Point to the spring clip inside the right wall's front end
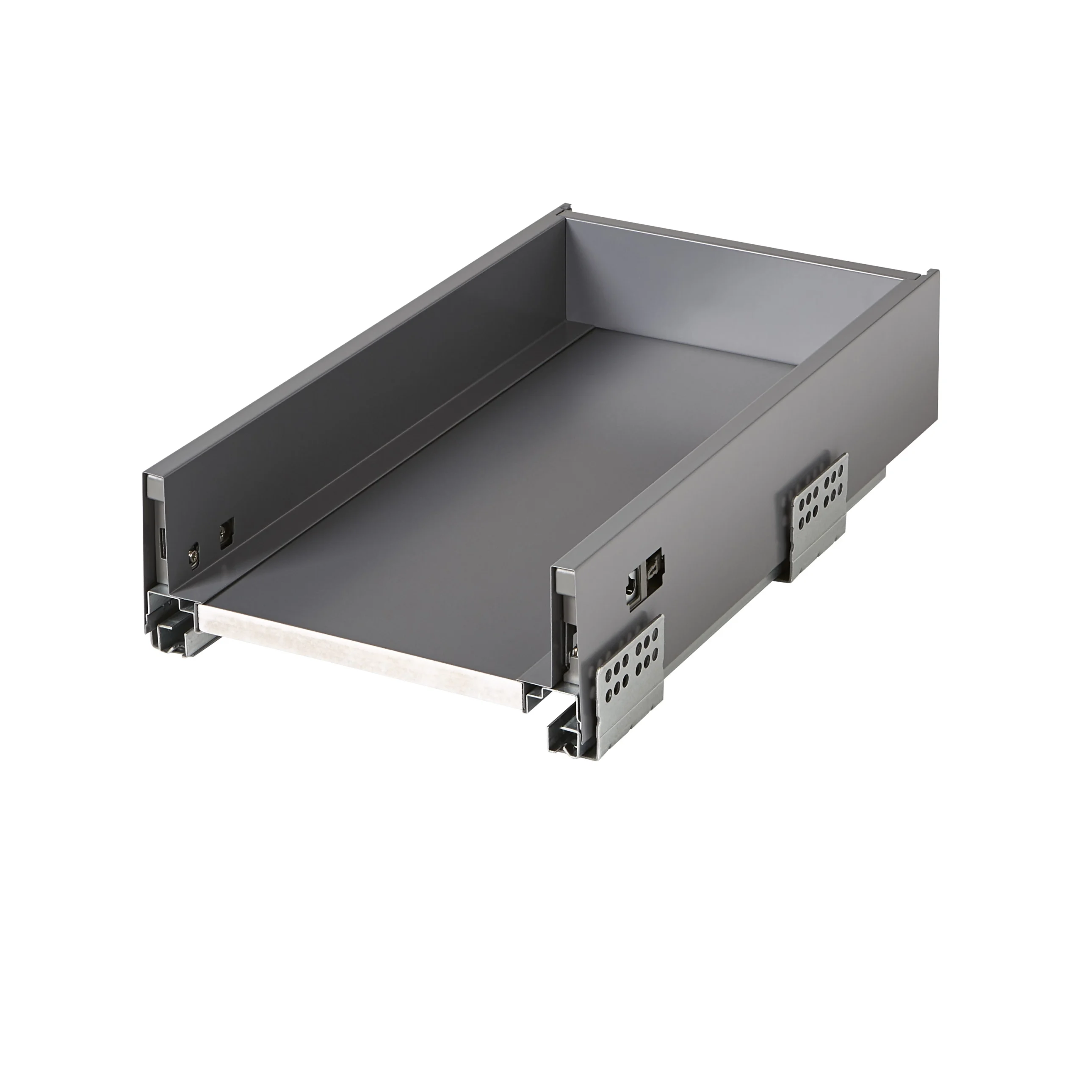573,651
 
